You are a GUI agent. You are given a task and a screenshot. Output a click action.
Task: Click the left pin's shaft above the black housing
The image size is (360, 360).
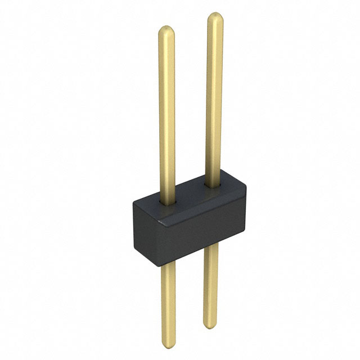click(x=166, y=112)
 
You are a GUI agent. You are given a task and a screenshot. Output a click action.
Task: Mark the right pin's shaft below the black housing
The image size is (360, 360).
click(x=210, y=281)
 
